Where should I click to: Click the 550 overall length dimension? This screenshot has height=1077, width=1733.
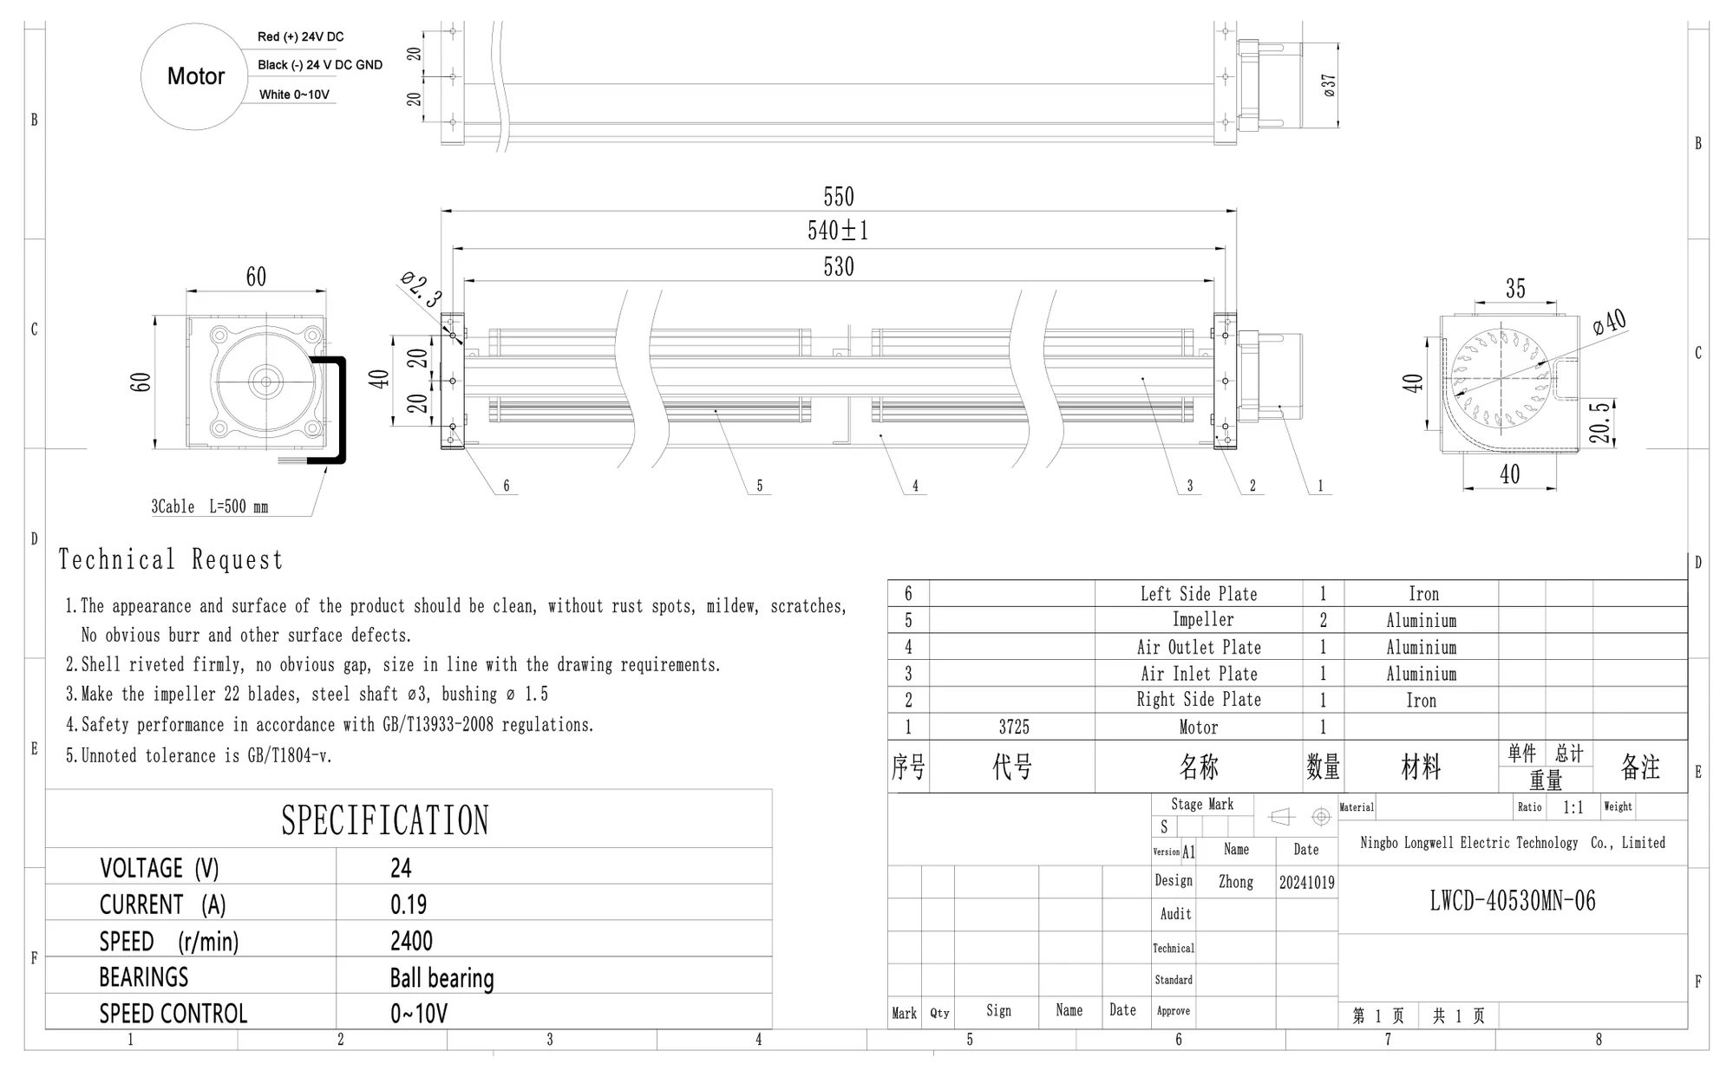(x=839, y=197)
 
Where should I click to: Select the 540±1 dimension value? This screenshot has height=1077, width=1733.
(x=838, y=231)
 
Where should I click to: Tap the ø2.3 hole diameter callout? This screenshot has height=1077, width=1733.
(x=422, y=290)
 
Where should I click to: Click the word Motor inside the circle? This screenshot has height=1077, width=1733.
(x=196, y=76)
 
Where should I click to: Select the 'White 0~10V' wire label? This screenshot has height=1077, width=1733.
(x=294, y=95)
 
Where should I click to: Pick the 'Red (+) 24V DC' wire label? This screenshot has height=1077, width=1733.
(x=300, y=36)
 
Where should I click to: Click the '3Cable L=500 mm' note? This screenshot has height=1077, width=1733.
(x=210, y=506)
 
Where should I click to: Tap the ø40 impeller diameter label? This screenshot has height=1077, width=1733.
(x=1610, y=323)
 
